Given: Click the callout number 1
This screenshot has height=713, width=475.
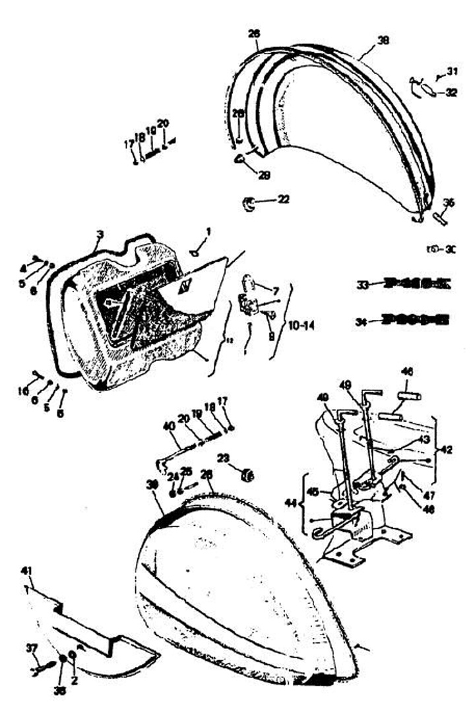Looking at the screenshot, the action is click(208, 232).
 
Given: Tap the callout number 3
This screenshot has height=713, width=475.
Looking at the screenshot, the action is click(99, 234).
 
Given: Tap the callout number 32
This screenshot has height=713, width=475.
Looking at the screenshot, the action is click(451, 93).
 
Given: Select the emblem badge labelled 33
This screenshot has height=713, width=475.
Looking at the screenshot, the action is click(408, 285).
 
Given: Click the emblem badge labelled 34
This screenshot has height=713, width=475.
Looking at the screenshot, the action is click(408, 321).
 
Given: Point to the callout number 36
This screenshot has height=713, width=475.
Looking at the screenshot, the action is click(449, 203).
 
